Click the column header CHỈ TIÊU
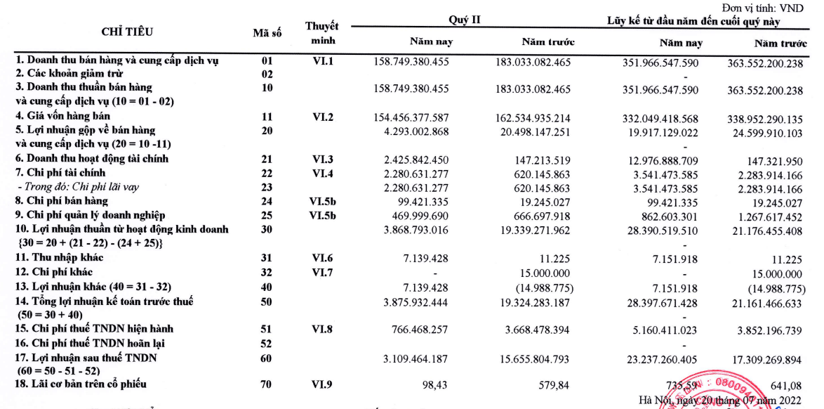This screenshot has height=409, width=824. click(x=127, y=31)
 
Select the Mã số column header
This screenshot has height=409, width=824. click(x=267, y=32)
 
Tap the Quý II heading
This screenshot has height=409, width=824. click(x=465, y=19)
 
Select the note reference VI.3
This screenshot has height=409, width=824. click(x=323, y=159)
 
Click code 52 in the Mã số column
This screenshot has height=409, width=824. click(x=267, y=343)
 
